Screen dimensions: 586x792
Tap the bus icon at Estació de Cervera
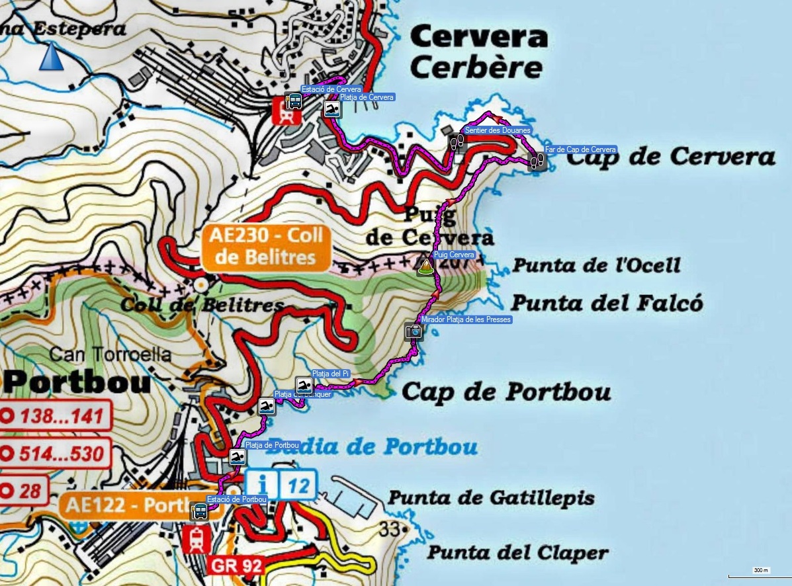(294, 101)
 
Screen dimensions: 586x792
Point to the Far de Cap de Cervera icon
(537, 161)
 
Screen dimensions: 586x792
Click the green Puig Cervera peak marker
(424, 266)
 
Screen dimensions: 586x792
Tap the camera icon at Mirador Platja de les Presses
(414, 331)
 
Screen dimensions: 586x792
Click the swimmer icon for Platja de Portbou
(237, 456)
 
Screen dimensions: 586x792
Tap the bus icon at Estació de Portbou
(199, 511)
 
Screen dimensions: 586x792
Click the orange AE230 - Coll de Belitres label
(265, 247)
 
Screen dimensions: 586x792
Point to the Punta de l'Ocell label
(596, 266)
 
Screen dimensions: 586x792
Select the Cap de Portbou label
(506, 392)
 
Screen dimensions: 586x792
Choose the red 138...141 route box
(56, 417)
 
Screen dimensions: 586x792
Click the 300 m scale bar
(760, 573)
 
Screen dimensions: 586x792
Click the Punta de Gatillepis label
(491, 498)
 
